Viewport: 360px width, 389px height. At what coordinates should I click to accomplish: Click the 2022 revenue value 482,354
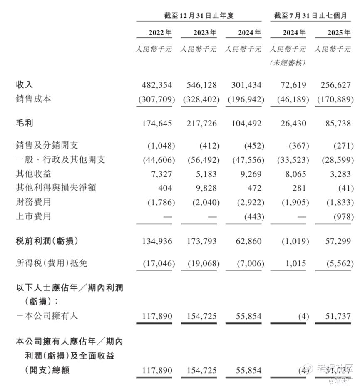[157, 85]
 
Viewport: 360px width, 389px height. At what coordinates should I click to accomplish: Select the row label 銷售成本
[33, 99]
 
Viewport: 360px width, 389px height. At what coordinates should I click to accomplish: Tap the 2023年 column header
[205, 32]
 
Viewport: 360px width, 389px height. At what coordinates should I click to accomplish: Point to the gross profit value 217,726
[201, 124]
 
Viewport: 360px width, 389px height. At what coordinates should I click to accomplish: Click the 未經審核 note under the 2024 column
[288, 63]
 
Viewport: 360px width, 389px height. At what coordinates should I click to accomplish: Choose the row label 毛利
[24, 124]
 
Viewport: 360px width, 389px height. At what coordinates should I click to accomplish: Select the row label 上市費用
[33, 216]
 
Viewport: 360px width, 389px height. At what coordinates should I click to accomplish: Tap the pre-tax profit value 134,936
[157, 241]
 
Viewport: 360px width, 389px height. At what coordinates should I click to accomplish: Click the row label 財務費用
[33, 202]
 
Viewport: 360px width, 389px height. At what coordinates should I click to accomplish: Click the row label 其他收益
[33, 174]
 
